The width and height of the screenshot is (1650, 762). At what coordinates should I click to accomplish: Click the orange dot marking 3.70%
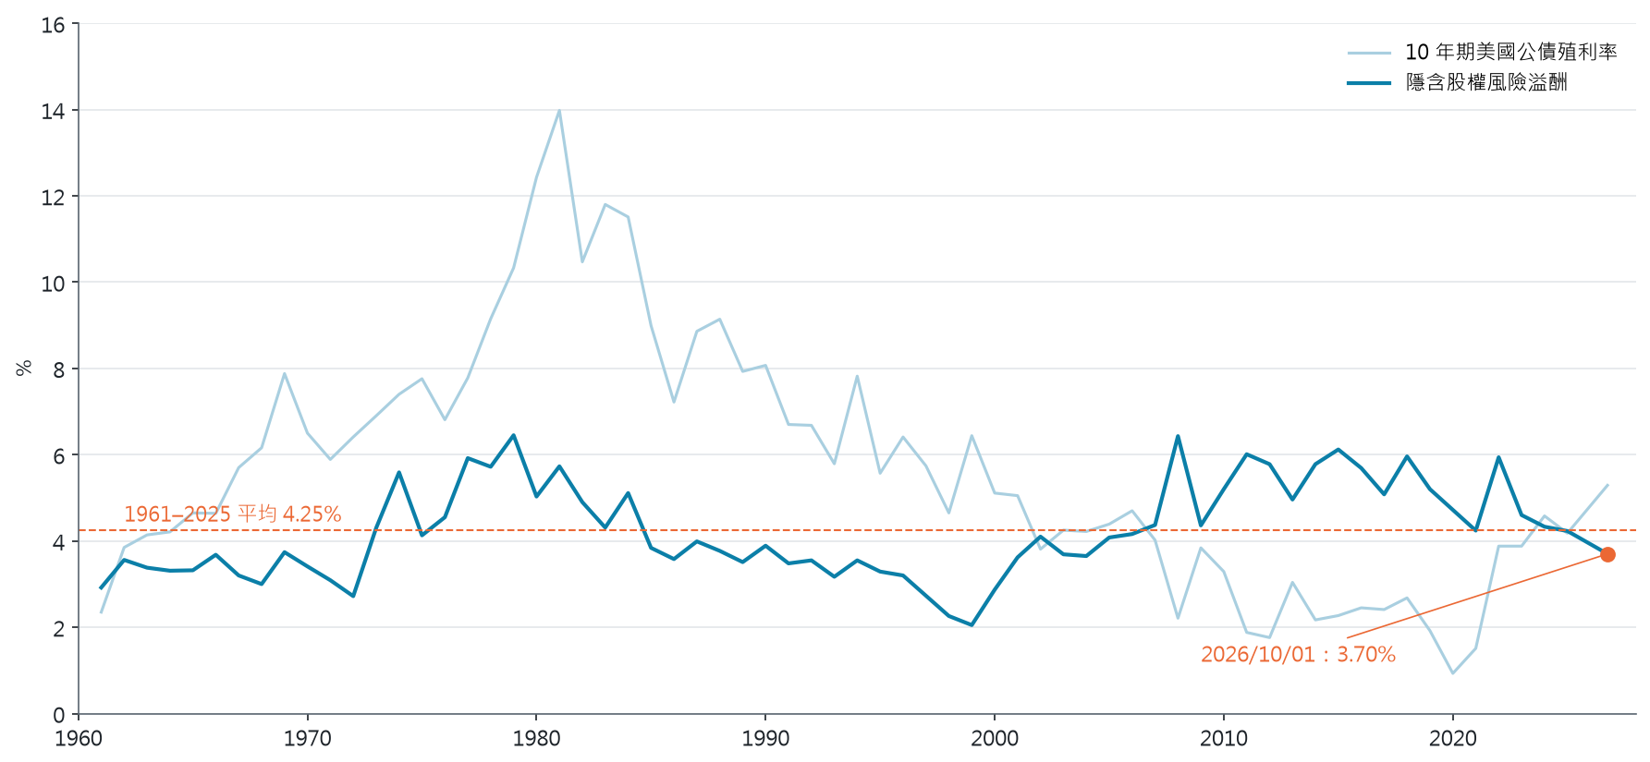(x=1607, y=554)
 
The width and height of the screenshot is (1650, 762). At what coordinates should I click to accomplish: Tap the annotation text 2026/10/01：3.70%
(x=1298, y=654)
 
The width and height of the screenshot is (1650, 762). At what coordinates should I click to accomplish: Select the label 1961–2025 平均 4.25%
(x=233, y=514)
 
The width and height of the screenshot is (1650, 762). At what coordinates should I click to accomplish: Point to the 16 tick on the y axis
(x=53, y=25)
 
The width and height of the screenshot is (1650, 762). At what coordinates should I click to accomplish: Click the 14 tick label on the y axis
(x=53, y=111)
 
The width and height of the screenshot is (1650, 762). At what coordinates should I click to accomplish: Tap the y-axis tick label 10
(x=53, y=284)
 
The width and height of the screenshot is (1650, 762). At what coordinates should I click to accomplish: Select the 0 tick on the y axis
(x=59, y=715)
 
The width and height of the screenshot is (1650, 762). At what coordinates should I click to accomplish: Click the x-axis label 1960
(x=79, y=738)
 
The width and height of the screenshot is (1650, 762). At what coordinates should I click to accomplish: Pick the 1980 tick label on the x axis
(x=536, y=738)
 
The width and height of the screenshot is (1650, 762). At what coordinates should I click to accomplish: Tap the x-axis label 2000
(x=995, y=738)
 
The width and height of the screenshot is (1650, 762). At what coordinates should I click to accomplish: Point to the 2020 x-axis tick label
(x=1453, y=738)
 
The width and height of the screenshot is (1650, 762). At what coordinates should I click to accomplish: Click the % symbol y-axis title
(x=24, y=368)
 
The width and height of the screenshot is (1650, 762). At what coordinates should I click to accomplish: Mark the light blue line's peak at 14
(x=559, y=111)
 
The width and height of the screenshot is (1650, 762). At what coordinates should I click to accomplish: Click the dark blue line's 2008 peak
(x=1178, y=436)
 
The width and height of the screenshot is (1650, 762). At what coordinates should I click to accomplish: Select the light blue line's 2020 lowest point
(x=1453, y=673)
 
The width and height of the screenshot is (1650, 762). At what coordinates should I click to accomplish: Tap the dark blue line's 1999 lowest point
(x=972, y=625)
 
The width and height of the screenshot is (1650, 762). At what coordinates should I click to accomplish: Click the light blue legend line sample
(x=1369, y=53)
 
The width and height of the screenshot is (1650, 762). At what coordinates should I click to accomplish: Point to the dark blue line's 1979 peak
(x=513, y=435)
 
